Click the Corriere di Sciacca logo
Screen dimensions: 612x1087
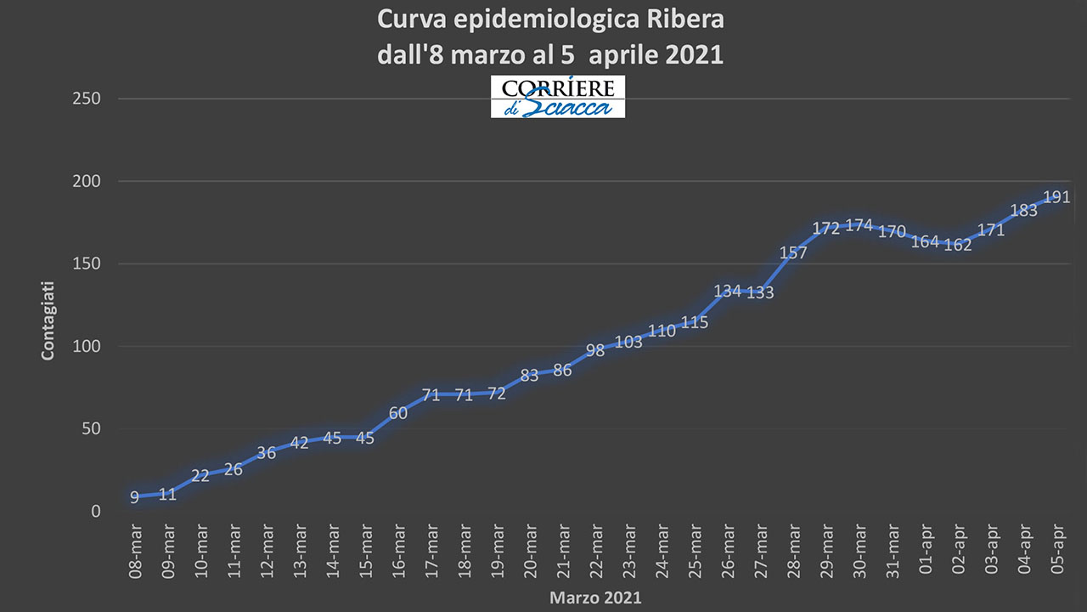[557, 97]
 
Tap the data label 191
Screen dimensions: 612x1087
[1056, 197]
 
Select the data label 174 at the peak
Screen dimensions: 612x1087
[859, 225]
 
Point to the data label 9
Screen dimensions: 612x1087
[134, 498]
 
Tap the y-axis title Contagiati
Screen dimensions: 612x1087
[48, 320]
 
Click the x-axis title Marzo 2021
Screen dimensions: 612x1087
[595, 598]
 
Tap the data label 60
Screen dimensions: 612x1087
[398, 414]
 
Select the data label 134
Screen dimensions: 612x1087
[728, 292]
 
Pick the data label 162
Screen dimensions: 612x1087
[957, 246]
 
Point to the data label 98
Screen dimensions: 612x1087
[595, 350]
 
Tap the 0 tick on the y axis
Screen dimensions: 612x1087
[95, 512]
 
